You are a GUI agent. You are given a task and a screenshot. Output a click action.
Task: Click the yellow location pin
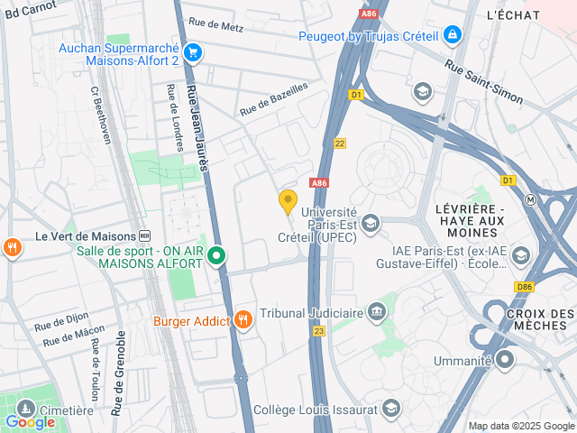[x=288, y=202]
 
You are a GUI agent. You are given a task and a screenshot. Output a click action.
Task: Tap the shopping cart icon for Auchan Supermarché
[x=192, y=52]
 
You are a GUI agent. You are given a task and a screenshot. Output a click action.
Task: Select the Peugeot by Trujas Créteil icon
[x=452, y=36]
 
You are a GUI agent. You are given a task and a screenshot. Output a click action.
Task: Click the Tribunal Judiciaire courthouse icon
[x=377, y=314]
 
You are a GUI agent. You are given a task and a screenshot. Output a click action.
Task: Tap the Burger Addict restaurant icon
[x=243, y=320]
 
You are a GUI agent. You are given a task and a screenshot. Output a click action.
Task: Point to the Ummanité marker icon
[x=504, y=361]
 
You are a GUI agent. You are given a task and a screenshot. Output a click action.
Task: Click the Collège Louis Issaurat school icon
[x=390, y=410]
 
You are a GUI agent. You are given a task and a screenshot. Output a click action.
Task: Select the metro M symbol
[x=532, y=199]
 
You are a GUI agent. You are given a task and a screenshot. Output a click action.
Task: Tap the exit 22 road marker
[x=339, y=143]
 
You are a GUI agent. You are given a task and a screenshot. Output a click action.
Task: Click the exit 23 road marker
[x=318, y=332]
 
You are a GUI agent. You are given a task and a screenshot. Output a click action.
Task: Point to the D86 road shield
[x=526, y=287]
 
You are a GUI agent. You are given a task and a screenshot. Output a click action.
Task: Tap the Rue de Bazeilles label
[x=273, y=98]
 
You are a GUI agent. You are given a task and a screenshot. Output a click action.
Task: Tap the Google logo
[x=30, y=421]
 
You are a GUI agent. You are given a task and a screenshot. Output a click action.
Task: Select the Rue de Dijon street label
[x=62, y=321]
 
